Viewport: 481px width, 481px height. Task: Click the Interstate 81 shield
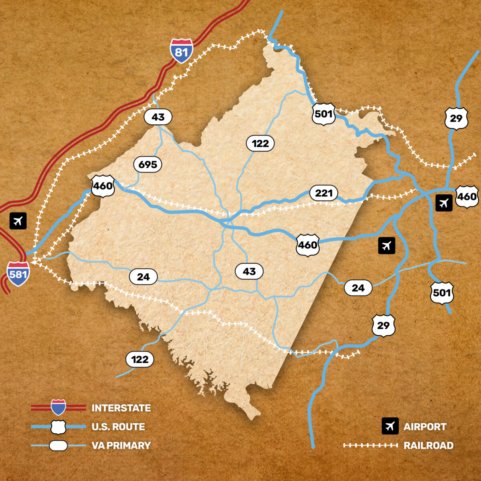pyautogui.click(x=181, y=51)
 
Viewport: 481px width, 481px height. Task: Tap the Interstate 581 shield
pyautogui.click(x=18, y=274)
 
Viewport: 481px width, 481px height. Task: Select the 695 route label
pyautogui.click(x=148, y=164)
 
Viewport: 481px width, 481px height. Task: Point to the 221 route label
pyautogui.click(x=323, y=193)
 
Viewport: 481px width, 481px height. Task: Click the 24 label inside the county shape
pyautogui.click(x=143, y=277)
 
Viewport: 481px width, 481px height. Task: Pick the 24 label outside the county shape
pyautogui.click(x=358, y=288)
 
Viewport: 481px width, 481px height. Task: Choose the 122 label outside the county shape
pyautogui.click(x=140, y=359)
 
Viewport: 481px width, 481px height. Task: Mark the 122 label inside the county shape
pyautogui.click(x=260, y=143)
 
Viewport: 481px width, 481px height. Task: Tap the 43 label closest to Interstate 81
pyautogui.click(x=158, y=117)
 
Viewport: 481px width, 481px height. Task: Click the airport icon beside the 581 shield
pyautogui.click(x=18, y=221)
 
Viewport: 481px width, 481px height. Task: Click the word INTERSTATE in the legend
pyautogui.click(x=121, y=408)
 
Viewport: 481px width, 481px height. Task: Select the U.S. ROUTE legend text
pyautogui.click(x=118, y=427)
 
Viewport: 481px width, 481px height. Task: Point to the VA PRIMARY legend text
pyautogui.click(x=121, y=445)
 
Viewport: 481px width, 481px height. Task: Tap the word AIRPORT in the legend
pyautogui.click(x=425, y=427)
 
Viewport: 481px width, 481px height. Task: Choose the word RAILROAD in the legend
pyautogui.click(x=428, y=445)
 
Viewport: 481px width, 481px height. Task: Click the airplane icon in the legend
pyautogui.click(x=390, y=426)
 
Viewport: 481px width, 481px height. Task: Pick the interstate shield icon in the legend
pyautogui.click(x=59, y=407)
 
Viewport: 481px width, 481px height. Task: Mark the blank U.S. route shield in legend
pyautogui.click(x=59, y=427)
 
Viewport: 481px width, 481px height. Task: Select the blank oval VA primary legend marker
pyautogui.click(x=59, y=445)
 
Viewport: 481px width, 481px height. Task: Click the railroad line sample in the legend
pyautogui.click(x=370, y=445)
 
